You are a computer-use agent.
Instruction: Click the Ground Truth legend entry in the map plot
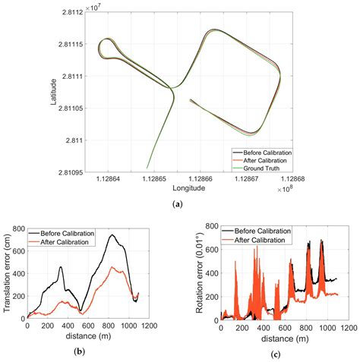pyautogui.click(x=262, y=168)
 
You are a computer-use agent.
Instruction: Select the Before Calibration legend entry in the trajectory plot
pyautogui.click(x=262, y=153)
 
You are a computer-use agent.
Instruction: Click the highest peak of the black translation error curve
pyautogui.click(x=112, y=235)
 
